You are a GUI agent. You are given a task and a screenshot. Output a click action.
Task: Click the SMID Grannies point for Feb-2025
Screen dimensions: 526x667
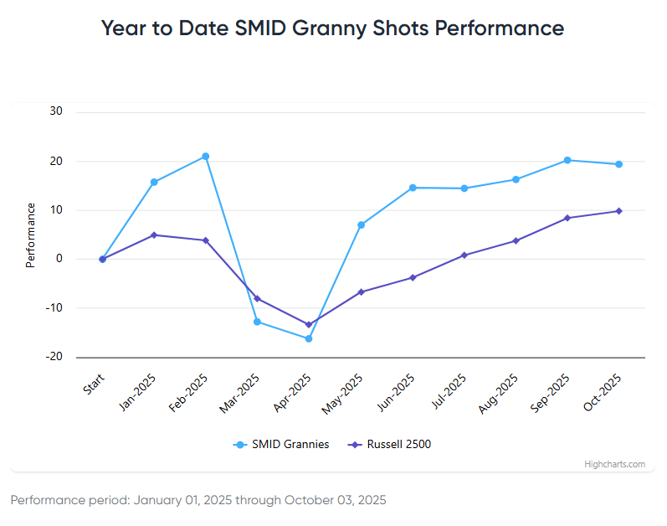(206, 157)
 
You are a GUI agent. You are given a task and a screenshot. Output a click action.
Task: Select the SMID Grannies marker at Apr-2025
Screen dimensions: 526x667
(309, 338)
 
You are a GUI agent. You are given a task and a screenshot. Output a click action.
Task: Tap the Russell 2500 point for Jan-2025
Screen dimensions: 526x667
(154, 235)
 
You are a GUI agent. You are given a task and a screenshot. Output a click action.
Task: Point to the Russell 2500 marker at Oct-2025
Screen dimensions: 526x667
(618, 211)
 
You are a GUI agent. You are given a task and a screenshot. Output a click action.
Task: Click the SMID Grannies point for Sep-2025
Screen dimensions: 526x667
(567, 160)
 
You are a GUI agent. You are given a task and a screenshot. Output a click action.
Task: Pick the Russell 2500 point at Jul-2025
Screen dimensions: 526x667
(464, 255)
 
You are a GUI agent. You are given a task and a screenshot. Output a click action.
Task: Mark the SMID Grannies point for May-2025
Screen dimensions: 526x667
(361, 224)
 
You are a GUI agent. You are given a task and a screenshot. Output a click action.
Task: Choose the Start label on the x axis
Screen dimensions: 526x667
(93, 386)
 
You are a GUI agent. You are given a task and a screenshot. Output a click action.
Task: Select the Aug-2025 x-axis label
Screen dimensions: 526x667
(500, 392)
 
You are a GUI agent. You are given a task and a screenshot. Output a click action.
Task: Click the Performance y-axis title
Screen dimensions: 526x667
(31, 235)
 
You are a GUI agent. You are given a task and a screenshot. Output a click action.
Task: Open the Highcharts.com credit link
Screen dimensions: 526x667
(614, 464)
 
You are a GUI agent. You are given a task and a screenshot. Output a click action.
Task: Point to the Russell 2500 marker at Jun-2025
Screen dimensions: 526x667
(413, 277)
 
